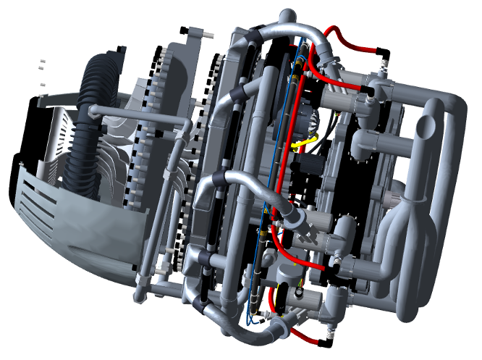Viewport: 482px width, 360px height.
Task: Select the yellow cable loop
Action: point(298,141)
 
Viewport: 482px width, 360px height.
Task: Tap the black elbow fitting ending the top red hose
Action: point(384,54)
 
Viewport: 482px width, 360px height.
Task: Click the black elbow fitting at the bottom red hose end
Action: point(329,335)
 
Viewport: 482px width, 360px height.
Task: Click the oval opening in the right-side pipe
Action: point(426,127)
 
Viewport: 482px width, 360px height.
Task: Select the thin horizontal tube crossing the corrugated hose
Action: point(138,114)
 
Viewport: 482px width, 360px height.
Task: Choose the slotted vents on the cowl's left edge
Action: point(33,210)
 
